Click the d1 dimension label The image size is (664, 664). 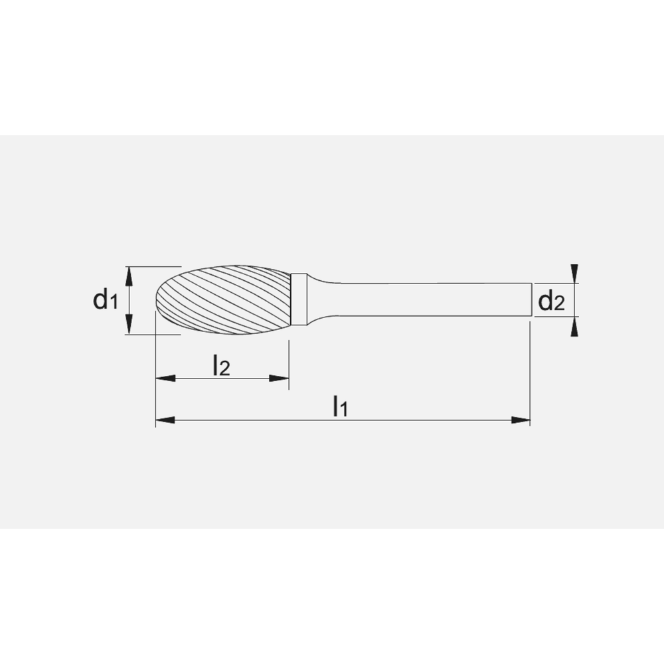tap(106, 301)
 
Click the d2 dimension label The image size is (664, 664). tap(551, 302)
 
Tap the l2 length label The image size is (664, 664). tap(220, 365)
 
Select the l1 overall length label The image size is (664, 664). tap(340, 406)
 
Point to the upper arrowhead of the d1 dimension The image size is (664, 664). tap(130, 274)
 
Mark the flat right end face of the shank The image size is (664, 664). tap(530, 300)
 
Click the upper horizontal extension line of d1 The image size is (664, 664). tap(153, 267)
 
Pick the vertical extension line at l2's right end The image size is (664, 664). tap(289, 362)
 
